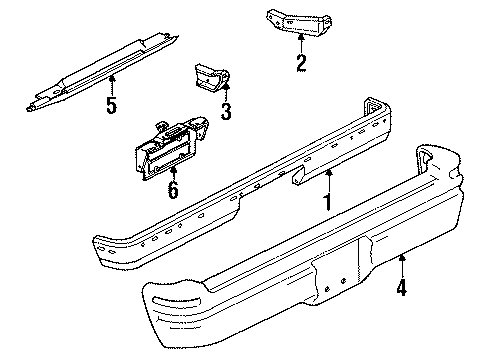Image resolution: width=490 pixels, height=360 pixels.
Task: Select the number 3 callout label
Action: tap(226, 112)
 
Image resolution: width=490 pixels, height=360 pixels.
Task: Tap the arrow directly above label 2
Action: tap(299, 44)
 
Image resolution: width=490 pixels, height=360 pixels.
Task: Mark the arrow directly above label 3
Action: tap(226, 93)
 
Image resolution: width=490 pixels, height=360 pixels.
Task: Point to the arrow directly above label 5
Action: tap(111, 82)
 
